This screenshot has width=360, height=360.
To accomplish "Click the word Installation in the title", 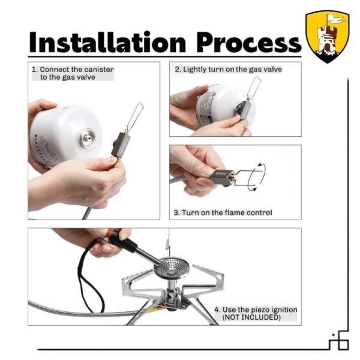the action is point(107,42).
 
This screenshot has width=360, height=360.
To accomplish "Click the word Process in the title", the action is point(249,43).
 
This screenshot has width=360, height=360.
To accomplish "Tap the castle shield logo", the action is point(328,36).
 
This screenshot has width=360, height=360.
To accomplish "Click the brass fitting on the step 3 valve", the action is point(235,177).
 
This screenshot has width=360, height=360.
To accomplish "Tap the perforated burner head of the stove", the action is point(170,267).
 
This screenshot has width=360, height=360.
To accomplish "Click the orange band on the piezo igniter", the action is point(113,235).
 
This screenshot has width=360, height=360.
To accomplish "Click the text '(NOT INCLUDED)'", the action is point(251,317).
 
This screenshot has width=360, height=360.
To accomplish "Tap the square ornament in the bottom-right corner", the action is point(343,344).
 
